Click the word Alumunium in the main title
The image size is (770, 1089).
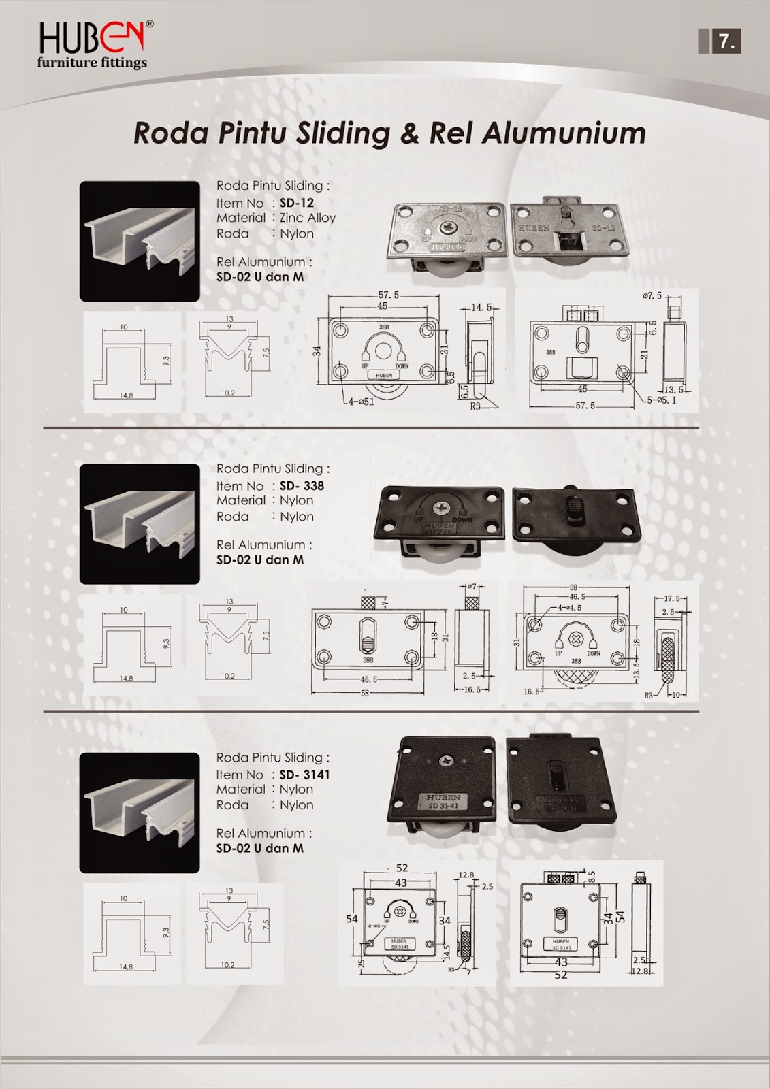[x=564, y=133]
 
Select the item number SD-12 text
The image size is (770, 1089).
[x=296, y=203]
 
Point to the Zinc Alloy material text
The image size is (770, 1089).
[x=308, y=218]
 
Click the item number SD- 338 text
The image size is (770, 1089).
[x=302, y=486]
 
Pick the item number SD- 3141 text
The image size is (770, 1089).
[x=304, y=775]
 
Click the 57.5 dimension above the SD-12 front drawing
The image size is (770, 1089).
[x=388, y=295]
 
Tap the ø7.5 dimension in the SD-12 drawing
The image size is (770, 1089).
[x=652, y=296]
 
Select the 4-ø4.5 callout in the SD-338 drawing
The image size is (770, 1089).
[x=569, y=607]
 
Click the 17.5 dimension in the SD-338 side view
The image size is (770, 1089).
[x=671, y=599]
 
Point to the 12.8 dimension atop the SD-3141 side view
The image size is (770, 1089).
[x=466, y=875]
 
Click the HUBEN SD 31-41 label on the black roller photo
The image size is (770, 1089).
[x=444, y=801]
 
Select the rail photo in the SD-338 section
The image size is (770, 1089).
[x=140, y=523]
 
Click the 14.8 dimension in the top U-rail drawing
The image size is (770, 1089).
[x=126, y=395]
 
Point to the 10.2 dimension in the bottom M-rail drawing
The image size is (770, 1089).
[x=227, y=965]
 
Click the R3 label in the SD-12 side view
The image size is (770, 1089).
[x=475, y=406]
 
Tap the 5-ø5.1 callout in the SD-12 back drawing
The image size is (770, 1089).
[x=660, y=400]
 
